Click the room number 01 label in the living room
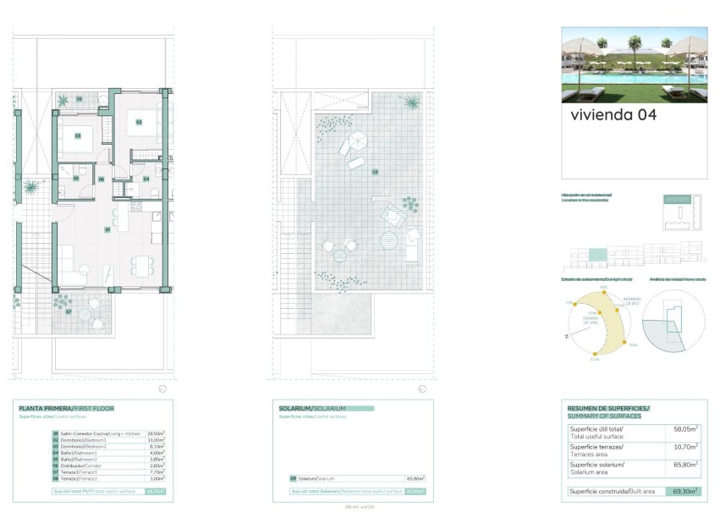107,229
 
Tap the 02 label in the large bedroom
138,122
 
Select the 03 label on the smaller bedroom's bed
77,135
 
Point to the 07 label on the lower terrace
69,311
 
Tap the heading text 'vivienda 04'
613,114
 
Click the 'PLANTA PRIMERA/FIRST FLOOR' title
66,409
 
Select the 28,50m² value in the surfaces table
156,433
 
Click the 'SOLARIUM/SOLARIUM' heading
312,409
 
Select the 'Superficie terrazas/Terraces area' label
596,449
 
